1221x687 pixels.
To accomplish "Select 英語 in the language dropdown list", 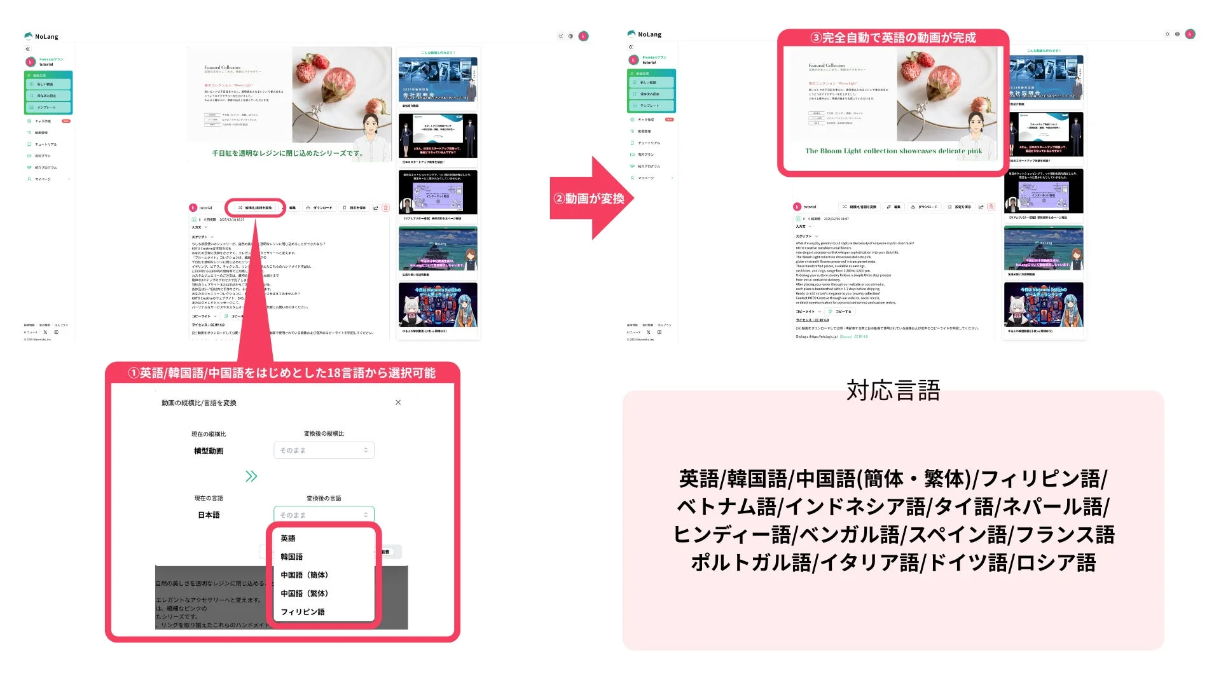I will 288,538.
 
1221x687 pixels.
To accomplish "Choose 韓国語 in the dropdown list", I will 292,557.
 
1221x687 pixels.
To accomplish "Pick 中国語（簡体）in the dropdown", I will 304,575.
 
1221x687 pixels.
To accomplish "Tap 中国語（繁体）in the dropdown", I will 304,593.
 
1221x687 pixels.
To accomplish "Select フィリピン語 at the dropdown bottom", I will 303,612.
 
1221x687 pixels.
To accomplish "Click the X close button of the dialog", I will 398,403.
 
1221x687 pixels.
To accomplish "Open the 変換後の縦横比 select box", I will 324,450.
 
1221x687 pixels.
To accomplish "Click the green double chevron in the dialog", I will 251,476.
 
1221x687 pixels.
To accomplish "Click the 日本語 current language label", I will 209,515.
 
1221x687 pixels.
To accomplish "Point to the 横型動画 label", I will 209,451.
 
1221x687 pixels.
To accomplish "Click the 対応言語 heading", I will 893,391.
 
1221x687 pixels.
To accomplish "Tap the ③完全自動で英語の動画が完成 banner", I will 892,38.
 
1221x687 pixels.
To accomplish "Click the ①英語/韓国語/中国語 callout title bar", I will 282,373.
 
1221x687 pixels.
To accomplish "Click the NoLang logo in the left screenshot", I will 41,36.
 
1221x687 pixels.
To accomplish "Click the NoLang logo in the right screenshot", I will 644,34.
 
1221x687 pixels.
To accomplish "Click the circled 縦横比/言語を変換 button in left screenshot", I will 256,208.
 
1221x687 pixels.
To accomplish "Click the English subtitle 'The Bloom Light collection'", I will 893,151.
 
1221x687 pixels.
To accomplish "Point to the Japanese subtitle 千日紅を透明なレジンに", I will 287,153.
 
